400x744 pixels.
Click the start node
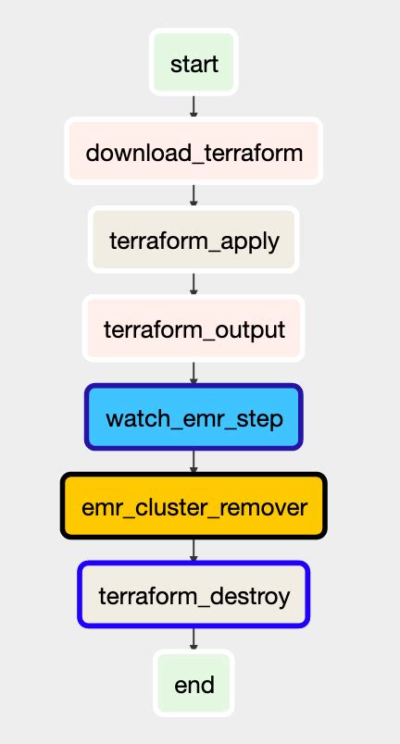(x=194, y=64)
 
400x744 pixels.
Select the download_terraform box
(x=194, y=152)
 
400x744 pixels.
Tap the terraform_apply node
(x=194, y=241)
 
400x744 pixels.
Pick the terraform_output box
(x=194, y=329)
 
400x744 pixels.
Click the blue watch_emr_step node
(x=194, y=417)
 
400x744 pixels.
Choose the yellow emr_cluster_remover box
(x=194, y=506)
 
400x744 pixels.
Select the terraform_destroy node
(x=194, y=595)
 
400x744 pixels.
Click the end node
(x=194, y=684)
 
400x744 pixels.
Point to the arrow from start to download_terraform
(x=194, y=106)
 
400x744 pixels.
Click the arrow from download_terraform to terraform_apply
(x=194, y=195)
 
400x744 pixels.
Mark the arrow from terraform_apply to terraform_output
(x=194, y=284)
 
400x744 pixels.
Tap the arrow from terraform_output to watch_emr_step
(x=194, y=373)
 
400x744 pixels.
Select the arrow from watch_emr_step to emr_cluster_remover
(x=194, y=461)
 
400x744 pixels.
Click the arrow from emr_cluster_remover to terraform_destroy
(x=194, y=550)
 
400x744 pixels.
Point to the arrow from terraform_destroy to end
(x=194, y=639)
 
